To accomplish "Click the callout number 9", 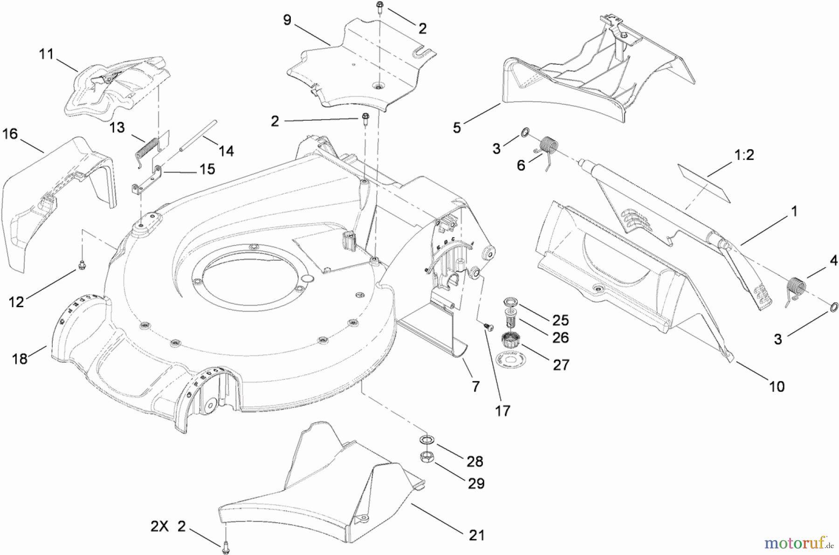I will tap(287, 20).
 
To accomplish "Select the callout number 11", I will tap(46, 54).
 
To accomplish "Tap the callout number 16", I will tap(10, 134).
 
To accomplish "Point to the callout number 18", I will tap(20, 358).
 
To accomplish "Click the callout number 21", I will tap(476, 535).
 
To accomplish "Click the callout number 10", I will tap(777, 386).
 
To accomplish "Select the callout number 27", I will tap(561, 364).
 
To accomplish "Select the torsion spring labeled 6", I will tap(549, 146).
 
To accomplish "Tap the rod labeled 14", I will tap(198, 136).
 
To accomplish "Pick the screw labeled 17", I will tap(488, 328).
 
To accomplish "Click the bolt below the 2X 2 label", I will tap(226, 543).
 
